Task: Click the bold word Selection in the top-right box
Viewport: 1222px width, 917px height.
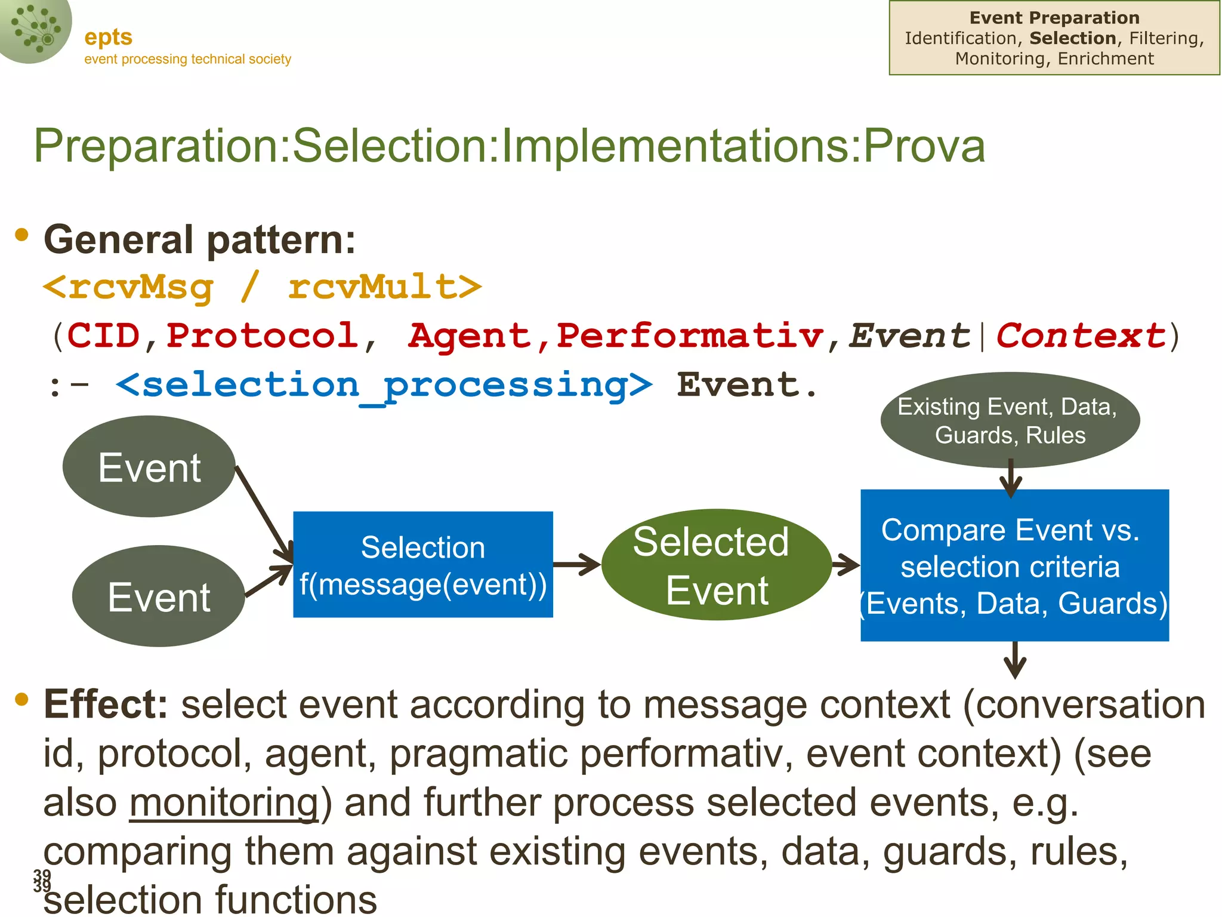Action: (x=1072, y=38)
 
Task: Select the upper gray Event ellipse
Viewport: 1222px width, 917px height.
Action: (x=149, y=467)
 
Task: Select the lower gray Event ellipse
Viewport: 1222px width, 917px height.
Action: (x=159, y=596)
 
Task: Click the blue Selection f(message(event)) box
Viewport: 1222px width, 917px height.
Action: (x=422, y=565)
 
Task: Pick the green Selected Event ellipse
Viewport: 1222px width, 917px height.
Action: (x=716, y=565)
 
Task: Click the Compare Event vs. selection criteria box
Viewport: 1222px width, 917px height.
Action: (x=1014, y=565)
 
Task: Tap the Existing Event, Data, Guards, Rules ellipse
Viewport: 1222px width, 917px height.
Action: (x=1010, y=420)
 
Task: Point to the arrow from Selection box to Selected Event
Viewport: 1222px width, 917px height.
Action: (x=576, y=564)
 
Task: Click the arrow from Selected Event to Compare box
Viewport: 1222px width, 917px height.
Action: (x=845, y=564)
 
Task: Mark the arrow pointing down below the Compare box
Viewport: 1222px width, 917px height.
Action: (x=1014, y=660)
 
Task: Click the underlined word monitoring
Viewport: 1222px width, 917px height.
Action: (x=224, y=802)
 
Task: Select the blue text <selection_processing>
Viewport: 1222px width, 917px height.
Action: (x=384, y=385)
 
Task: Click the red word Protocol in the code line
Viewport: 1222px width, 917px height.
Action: (x=262, y=336)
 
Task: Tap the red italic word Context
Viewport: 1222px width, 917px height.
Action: (x=1081, y=336)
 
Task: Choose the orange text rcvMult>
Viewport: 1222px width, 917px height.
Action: (x=385, y=287)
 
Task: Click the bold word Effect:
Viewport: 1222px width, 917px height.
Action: (x=106, y=704)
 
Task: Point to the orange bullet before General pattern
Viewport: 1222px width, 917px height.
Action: (x=22, y=235)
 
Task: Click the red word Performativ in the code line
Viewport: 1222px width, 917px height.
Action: (x=690, y=336)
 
